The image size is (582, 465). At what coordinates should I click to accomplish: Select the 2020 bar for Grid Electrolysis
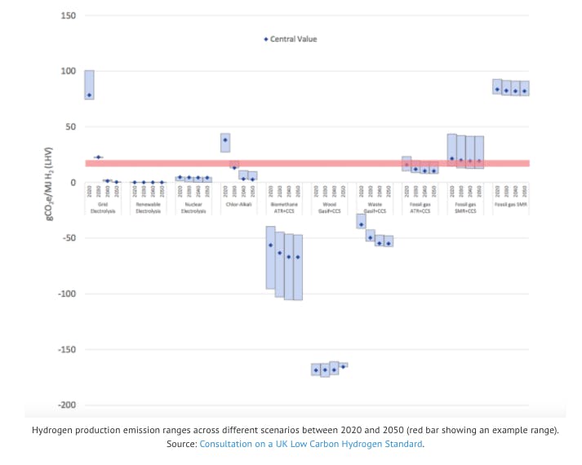[89, 85]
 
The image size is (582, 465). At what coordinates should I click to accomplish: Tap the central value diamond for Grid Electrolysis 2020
[89, 95]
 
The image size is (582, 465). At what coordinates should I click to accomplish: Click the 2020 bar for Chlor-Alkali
[225, 143]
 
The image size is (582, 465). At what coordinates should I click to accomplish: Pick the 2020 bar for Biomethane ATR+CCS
[270, 257]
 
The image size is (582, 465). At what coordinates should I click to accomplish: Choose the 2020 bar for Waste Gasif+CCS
[361, 221]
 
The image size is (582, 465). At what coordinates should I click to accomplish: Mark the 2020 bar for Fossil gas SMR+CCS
[451, 150]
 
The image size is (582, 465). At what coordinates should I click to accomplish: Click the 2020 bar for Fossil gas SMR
[497, 86]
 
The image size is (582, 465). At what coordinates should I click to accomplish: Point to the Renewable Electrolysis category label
[148, 207]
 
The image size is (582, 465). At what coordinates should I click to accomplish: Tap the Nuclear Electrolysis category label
[193, 207]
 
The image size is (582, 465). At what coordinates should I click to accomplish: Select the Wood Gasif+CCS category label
[329, 207]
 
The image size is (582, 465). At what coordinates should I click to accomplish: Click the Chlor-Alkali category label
[238, 204]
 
